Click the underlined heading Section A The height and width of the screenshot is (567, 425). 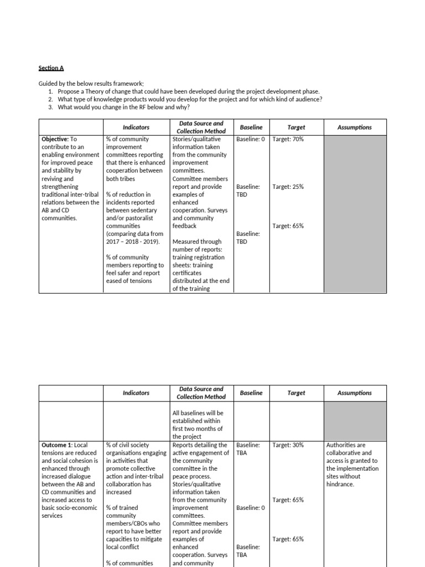pyautogui.click(x=51, y=68)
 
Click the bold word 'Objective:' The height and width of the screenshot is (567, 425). pyautogui.click(x=55, y=140)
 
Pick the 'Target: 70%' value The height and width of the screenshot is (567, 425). pyautogui.click(x=288, y=140)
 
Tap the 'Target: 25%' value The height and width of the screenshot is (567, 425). pyautogui.click(x=288, y=187)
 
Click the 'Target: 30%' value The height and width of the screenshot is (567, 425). pyautogui.click(x=288, y=445)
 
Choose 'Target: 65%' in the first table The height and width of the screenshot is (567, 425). pyautogui.click(x=288, y=226)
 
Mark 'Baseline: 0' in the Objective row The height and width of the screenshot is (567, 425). pyautogui.click(x=251, y=140)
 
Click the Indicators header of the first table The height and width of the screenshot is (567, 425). pyautogui.click(x=136, y=127)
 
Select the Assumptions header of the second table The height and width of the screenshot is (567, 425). pyautogui.click(x=354, y=393)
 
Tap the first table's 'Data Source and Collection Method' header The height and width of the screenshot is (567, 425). pyautogui.click(x=201, y=127)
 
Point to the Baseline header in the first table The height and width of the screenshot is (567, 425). pyautogui.click(x=251, y=127)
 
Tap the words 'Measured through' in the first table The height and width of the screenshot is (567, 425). pyautogui.click(x=196, y=242)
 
